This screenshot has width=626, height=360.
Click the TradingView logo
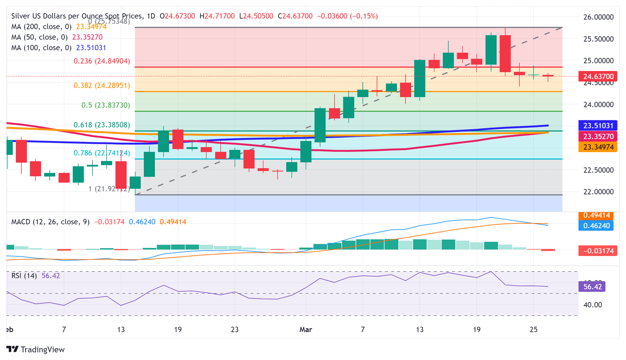[x=35, y=349]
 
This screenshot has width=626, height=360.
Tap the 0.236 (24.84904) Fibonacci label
[x=101, y=61]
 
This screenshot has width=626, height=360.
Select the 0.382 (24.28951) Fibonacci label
[x=101, y=86]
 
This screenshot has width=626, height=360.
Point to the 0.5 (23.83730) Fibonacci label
[x=106, y=105]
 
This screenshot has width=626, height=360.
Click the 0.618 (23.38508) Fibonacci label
[x=101, y=125]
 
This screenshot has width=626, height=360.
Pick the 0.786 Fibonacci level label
[x=101, y=153]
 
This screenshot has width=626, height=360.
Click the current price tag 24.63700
[x=598, y=77]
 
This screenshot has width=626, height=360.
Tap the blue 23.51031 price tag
[x=598, y=126]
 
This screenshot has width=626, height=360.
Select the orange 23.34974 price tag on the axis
[x=598, y=147]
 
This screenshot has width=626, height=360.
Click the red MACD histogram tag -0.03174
[x=598, y=251]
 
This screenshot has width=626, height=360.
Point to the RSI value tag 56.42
[x=592, y=287]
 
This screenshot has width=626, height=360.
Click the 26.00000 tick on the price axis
[x=598, y=17]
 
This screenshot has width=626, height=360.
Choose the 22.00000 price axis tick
[x=598, y=192]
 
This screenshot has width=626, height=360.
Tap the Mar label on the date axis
[x=306, y=329]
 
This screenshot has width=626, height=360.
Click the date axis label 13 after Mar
[x=419, y=329]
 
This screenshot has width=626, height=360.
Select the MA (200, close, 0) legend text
[x=41, y=27]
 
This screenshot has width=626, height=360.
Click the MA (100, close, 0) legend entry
[x=41, y=48]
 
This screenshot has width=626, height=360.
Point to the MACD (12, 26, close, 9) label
[x=50, y=222]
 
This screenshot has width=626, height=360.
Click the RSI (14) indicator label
[x=24, y=276]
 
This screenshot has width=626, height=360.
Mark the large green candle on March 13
[x=419, y=78]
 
